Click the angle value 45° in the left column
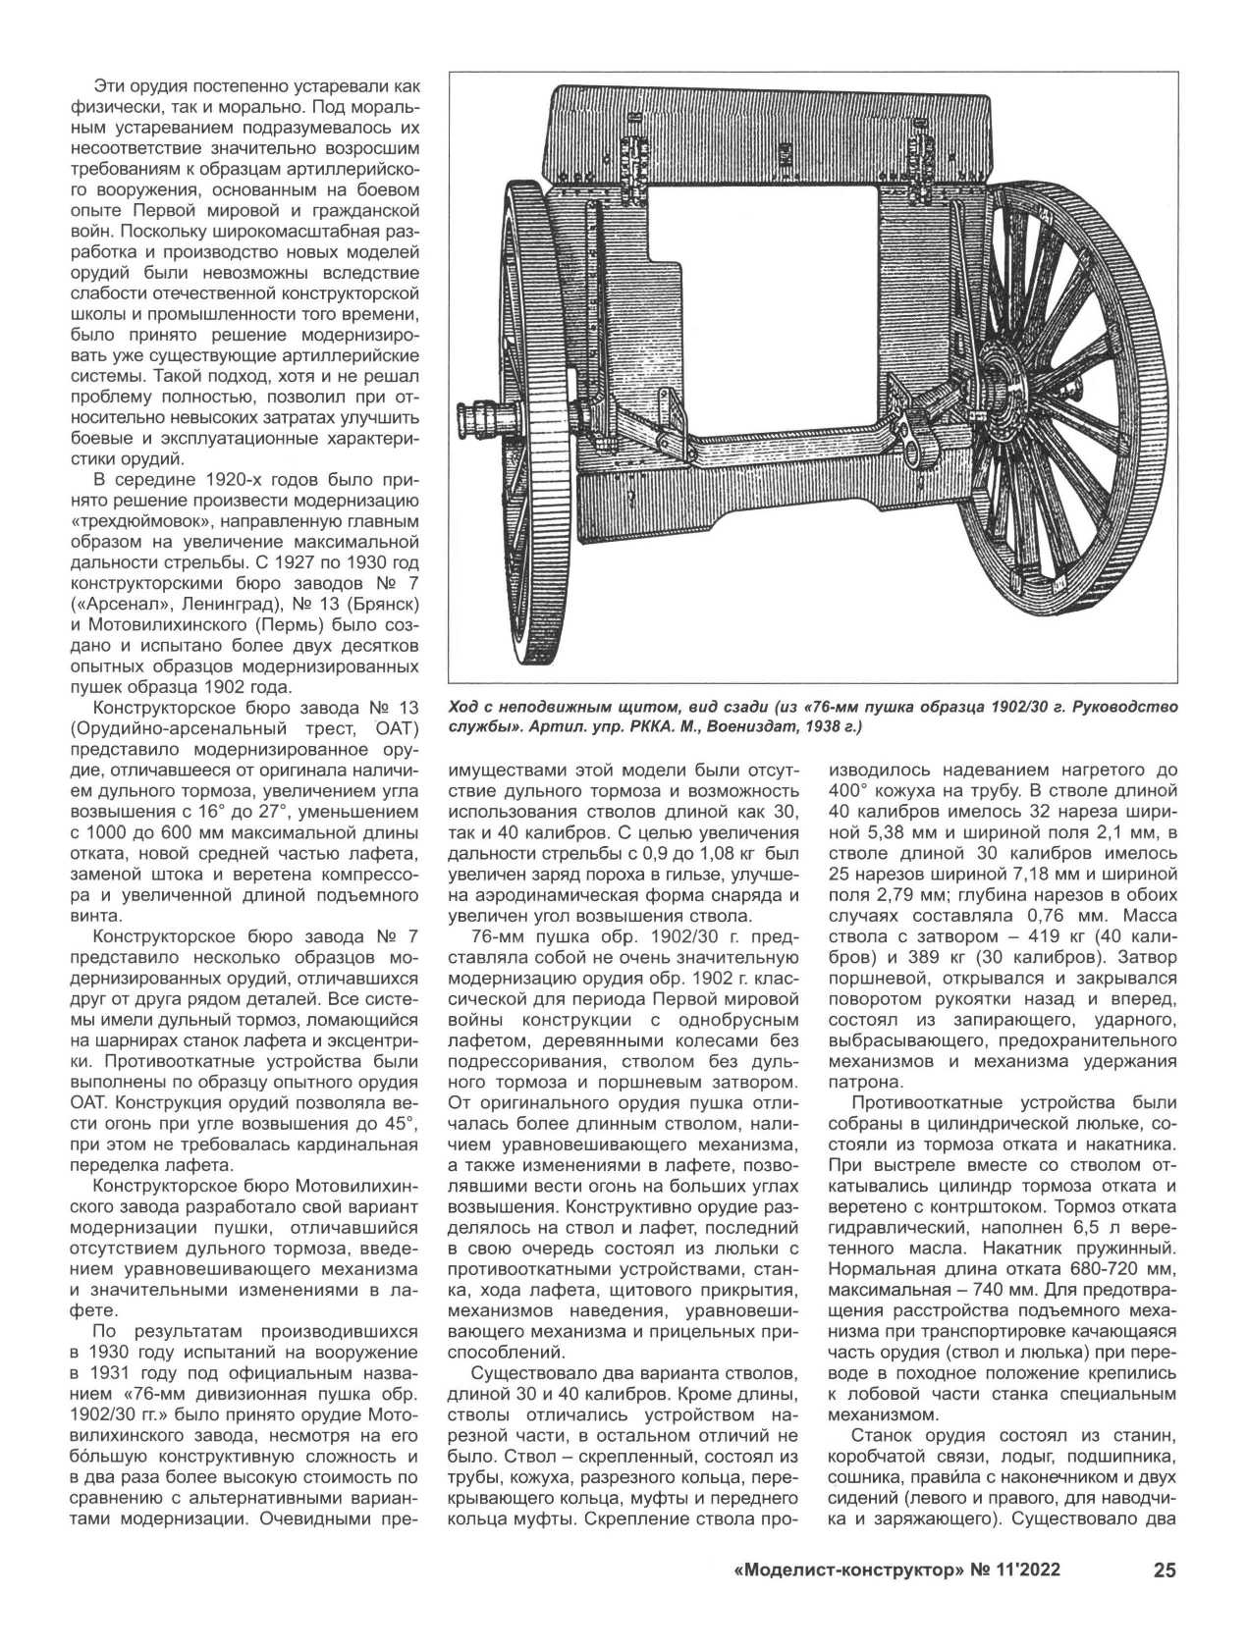[400, 1123]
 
